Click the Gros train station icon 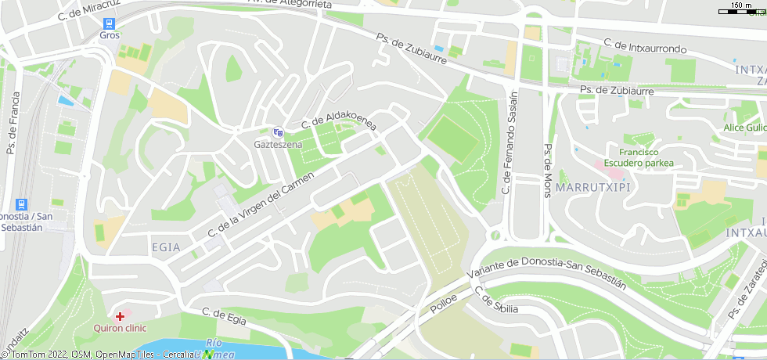click(109, 23)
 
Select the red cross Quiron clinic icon click(120, 317)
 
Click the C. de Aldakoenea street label click(339, 121)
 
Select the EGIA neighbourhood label click(165, 247)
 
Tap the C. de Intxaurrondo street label click(645, 48)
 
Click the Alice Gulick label click(744, 128)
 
